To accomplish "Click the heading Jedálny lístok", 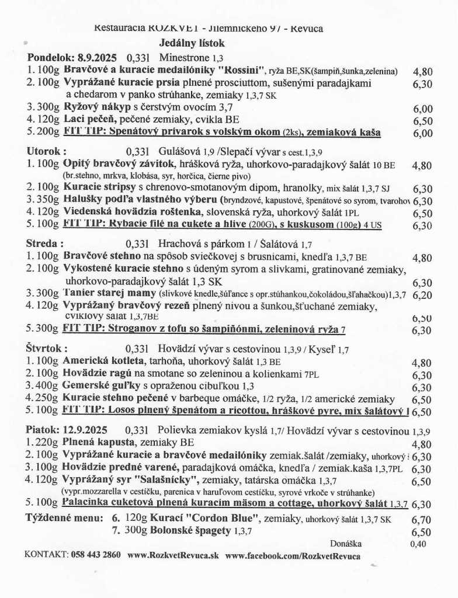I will click(192, 43).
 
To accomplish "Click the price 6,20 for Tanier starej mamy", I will click(422, 295).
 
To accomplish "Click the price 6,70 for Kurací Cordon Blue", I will click(422, 519).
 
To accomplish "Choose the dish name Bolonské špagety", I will click(179, 531).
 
